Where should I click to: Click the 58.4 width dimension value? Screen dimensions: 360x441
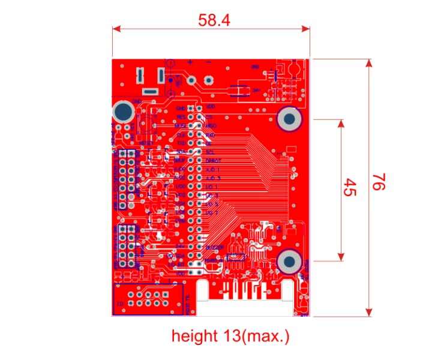pos(214,20)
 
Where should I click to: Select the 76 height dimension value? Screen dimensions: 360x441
pos(377,182)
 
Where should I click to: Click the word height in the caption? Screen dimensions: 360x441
pos(194,336)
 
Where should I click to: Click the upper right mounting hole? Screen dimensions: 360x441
pos(289,119)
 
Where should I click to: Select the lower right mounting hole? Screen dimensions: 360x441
pos(289,261)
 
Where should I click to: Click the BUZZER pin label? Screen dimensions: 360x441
pos(214,247)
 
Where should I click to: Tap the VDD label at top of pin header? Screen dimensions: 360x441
pos(210,106)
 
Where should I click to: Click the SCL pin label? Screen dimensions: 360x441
pos(209,153)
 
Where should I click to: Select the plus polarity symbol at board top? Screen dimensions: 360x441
pos(190,62)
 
